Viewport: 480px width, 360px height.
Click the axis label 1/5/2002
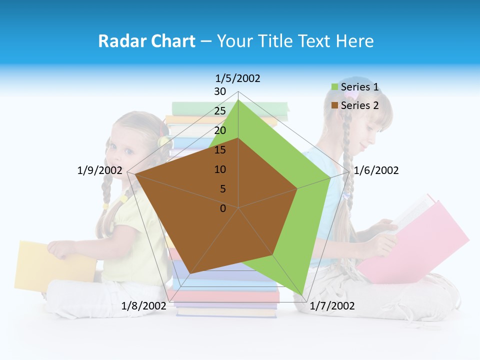click(x=238, y=78)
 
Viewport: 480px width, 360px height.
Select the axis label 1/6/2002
click(x=376, y=170)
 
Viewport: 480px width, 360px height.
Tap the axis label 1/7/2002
click(x=332, y=306)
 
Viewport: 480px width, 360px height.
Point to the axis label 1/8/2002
click(x=143, y=306)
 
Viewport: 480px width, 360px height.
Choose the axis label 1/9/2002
click(x=99, y=170)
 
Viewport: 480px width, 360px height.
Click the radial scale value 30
click(x=220, y=91)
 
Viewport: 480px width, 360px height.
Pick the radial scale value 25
click(x=220, y=111)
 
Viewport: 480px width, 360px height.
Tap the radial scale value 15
click(x=220, y=150)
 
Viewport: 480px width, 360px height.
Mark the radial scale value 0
click(x=223, y=208)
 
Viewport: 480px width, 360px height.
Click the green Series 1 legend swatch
click(x=334, y=87)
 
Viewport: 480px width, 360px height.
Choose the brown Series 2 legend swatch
click(x=334, y=105)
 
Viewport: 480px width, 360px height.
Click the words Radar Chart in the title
click(x=146, y=41)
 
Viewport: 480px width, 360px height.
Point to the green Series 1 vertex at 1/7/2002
click(x=302, y=295)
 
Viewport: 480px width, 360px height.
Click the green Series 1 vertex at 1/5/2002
click(x=238, y=100)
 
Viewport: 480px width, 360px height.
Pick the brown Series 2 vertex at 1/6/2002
click(x=297, y=188)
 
